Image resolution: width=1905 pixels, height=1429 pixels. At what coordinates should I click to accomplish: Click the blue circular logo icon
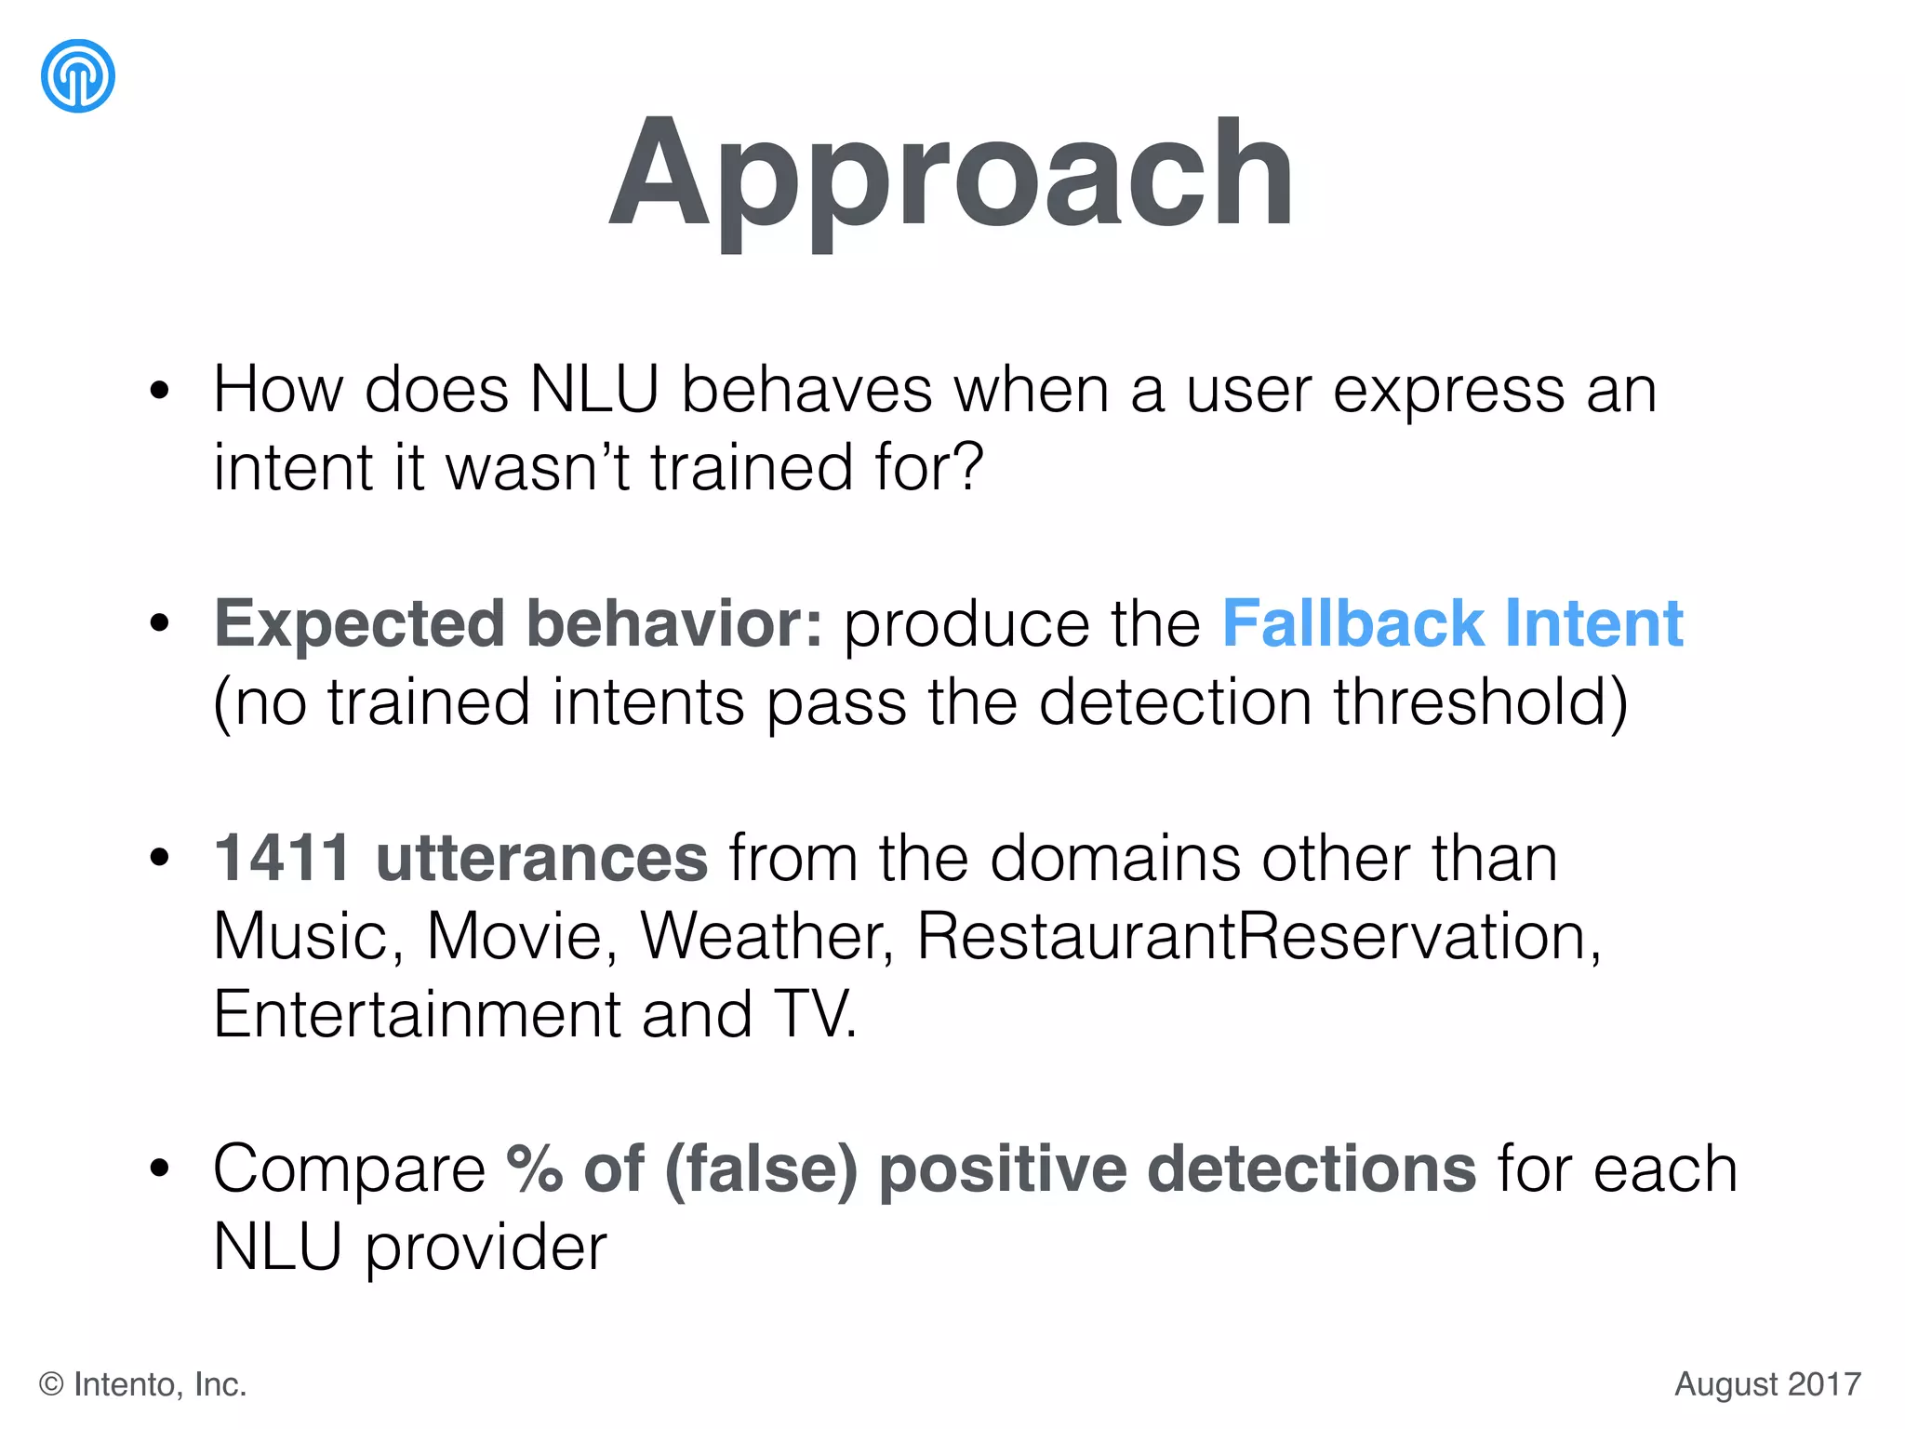tap(78, 76)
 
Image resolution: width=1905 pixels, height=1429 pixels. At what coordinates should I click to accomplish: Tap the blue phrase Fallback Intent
tap(1452, 623)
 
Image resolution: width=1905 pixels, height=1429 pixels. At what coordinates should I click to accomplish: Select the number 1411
tap(283, 858)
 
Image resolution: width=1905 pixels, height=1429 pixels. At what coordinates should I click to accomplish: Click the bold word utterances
tap(541, 858)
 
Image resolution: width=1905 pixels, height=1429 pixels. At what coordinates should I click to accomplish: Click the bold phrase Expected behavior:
tap(519, 623)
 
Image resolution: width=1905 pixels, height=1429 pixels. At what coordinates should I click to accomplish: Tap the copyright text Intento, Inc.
tap(159, 1384)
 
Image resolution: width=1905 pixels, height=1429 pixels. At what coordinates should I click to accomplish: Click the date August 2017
tap(1767, 1384)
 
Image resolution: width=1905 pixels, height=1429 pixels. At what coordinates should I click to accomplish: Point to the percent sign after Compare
tap(535, 1169)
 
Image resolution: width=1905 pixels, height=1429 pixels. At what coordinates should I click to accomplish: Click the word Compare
tap(350, 1170)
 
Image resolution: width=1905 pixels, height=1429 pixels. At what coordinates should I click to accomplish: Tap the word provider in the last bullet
tap(486, 1249)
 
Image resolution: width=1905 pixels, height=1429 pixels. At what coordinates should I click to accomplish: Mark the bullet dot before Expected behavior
tap(160, 623)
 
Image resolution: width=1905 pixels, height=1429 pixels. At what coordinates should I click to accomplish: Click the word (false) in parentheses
tap(762, 1169)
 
